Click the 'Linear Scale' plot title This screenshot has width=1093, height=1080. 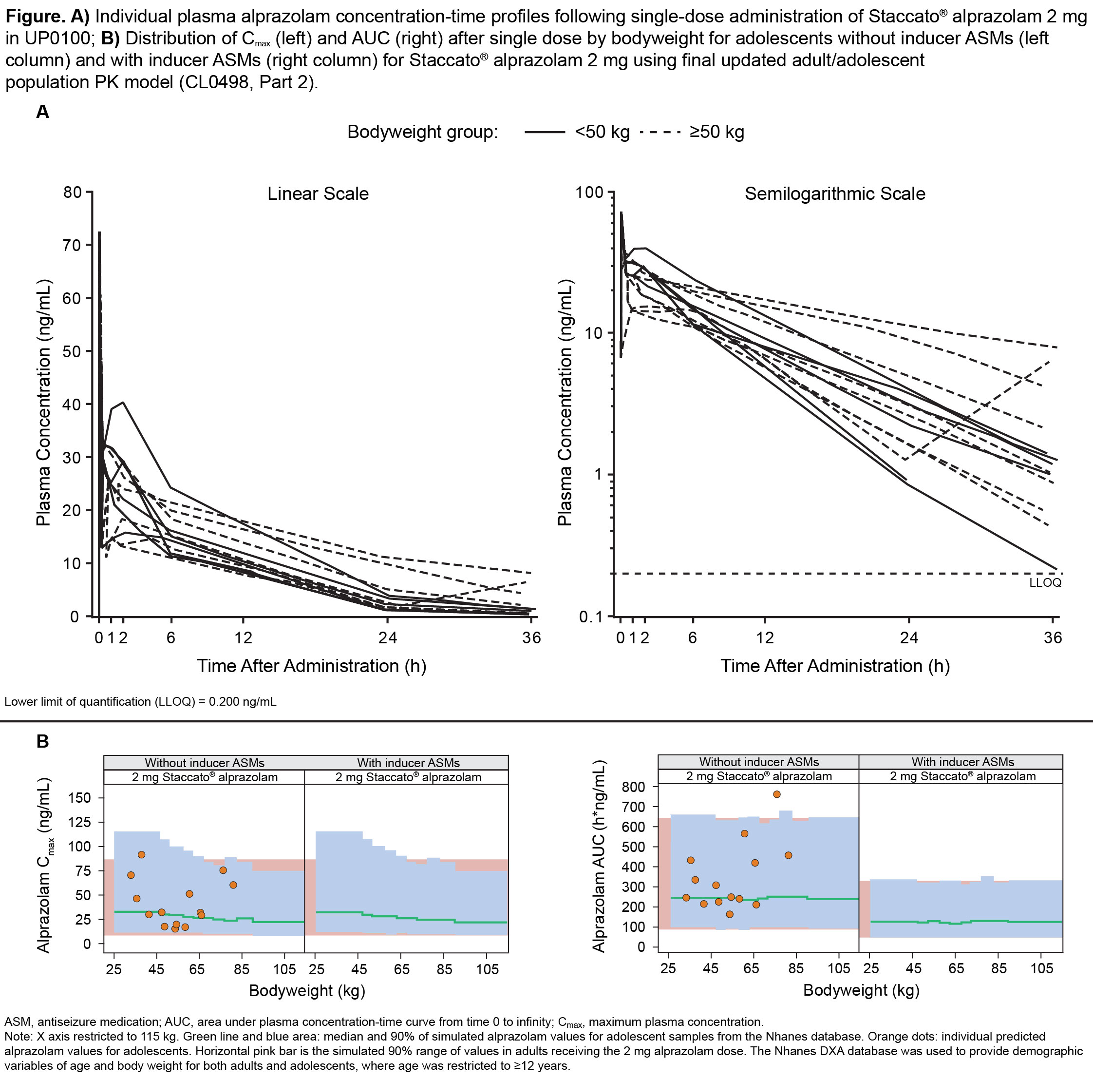point(318,194)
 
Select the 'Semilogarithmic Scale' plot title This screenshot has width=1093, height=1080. point(834,194)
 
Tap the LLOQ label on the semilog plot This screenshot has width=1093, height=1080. point(1045,583)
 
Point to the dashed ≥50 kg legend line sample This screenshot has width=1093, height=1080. point(660,133)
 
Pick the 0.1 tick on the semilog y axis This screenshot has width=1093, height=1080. point(591,617)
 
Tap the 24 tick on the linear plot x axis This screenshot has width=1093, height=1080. point(388,638)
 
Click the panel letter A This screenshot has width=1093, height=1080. point(42,112)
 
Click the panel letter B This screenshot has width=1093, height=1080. point(42,741)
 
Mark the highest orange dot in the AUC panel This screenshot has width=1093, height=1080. point(777,794)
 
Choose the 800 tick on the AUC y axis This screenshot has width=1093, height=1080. point(633,787)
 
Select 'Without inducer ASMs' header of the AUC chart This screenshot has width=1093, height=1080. point(759,762)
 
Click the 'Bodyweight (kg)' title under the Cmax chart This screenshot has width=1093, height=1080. point(307,990)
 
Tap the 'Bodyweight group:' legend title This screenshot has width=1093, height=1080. point(422,133)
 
